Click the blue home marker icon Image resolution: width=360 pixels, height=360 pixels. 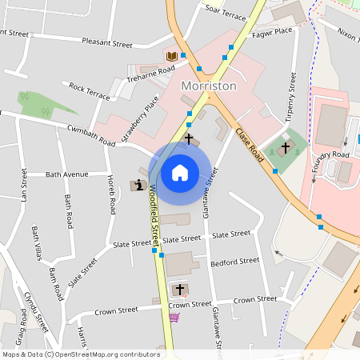pos(180,172)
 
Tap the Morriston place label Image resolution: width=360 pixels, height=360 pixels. pos(209,86)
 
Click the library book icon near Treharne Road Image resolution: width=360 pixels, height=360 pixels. pos(171,56)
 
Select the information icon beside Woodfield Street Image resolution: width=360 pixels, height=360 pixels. pos(138,186)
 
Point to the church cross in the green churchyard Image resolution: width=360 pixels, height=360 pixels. pos(286,146)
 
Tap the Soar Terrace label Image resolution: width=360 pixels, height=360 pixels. pos(226,13)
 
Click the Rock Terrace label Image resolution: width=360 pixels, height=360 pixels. pos(90,90)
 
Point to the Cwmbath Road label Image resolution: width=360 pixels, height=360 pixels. pos(91,134)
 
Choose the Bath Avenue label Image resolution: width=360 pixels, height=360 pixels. pos(67,174)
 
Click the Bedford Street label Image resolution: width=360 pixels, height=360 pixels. pos(234,261)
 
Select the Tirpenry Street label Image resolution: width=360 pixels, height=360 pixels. pos(291,97)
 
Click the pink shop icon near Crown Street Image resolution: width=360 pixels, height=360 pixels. pos(174,317)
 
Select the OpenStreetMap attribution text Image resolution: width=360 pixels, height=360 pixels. pos(80,354)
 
